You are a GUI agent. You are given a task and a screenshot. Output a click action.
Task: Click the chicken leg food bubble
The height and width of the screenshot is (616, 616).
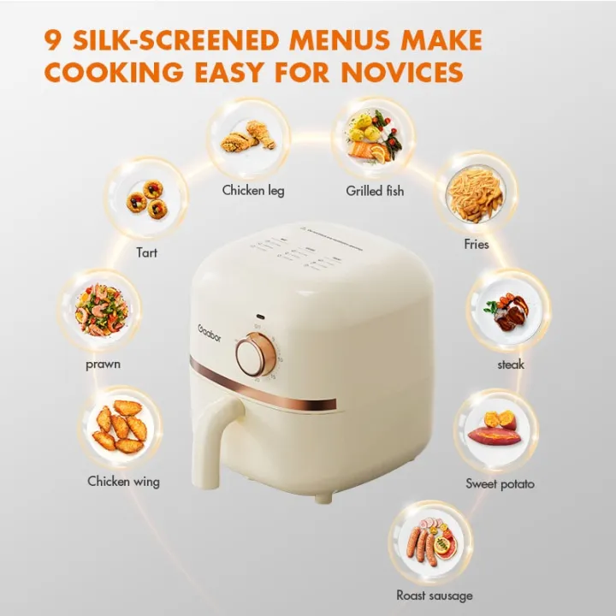coord(248,137)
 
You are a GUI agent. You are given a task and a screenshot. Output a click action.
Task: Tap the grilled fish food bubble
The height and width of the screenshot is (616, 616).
coord(373,137)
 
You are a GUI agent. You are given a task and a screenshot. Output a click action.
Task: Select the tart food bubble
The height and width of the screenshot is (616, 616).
coord(146,198)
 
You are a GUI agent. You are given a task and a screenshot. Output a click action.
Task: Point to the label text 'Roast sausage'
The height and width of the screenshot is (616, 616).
coord(435,595)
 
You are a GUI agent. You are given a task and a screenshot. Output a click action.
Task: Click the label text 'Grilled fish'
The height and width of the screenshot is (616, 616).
coord(376,191)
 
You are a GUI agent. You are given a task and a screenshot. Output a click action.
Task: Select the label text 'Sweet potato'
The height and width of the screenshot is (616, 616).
coord(500,484)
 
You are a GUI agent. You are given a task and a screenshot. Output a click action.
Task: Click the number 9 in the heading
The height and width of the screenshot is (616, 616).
coord(54,40)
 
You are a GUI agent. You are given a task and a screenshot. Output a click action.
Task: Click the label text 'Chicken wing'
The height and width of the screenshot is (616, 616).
coord(123,482)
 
